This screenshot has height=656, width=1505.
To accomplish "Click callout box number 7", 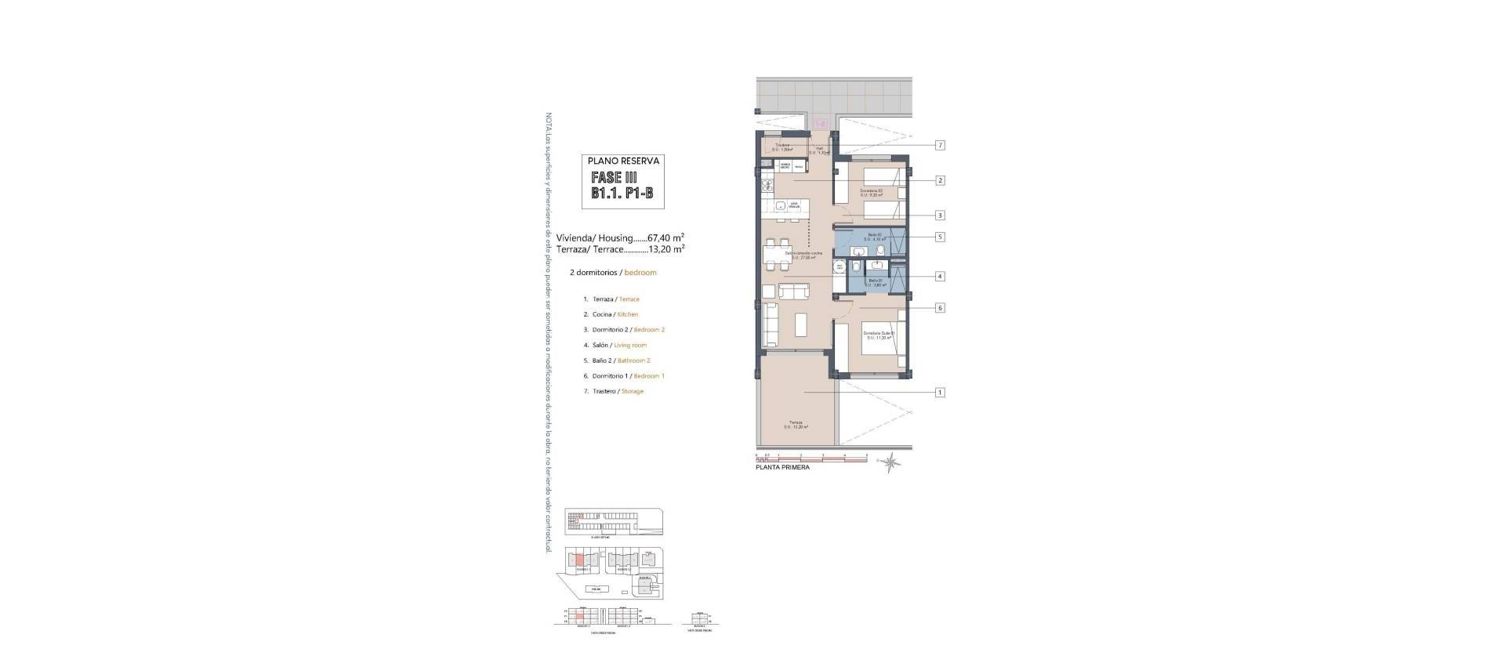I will coord(940,146).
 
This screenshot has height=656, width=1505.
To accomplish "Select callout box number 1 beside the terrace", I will coord(940,392).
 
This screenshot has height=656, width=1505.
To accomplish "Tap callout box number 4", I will coord(940,276).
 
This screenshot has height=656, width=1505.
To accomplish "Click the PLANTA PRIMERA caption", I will coord(782,467).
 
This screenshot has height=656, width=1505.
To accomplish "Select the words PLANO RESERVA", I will coord(624,161).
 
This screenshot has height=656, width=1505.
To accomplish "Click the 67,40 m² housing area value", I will coord(666,237).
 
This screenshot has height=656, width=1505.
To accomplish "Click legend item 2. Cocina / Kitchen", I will coord(611,314).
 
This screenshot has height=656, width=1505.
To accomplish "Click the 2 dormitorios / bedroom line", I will coord(613,273).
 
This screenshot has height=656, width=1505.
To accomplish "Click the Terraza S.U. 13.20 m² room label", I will coord(796,425).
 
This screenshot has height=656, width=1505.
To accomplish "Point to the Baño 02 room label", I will coord(875,237).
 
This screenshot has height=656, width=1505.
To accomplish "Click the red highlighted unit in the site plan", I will coord(577,560).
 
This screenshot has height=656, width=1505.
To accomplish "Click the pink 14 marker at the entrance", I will coord(821,123).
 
